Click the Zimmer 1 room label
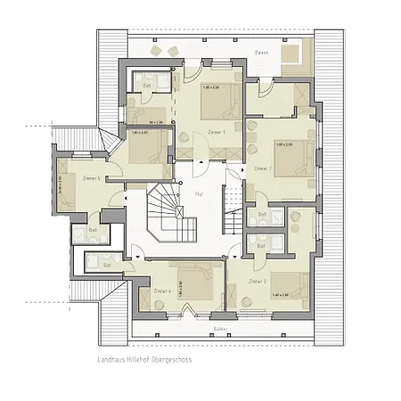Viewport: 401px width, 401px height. pyautogui.click(x=216, y=132)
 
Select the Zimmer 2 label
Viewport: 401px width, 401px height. pyautogui.click(x=262, y=168)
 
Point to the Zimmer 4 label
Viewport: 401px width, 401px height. pyautogui.click(x=161, y=291)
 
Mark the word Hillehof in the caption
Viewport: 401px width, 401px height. pyautogui.click(x=143, y=361)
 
